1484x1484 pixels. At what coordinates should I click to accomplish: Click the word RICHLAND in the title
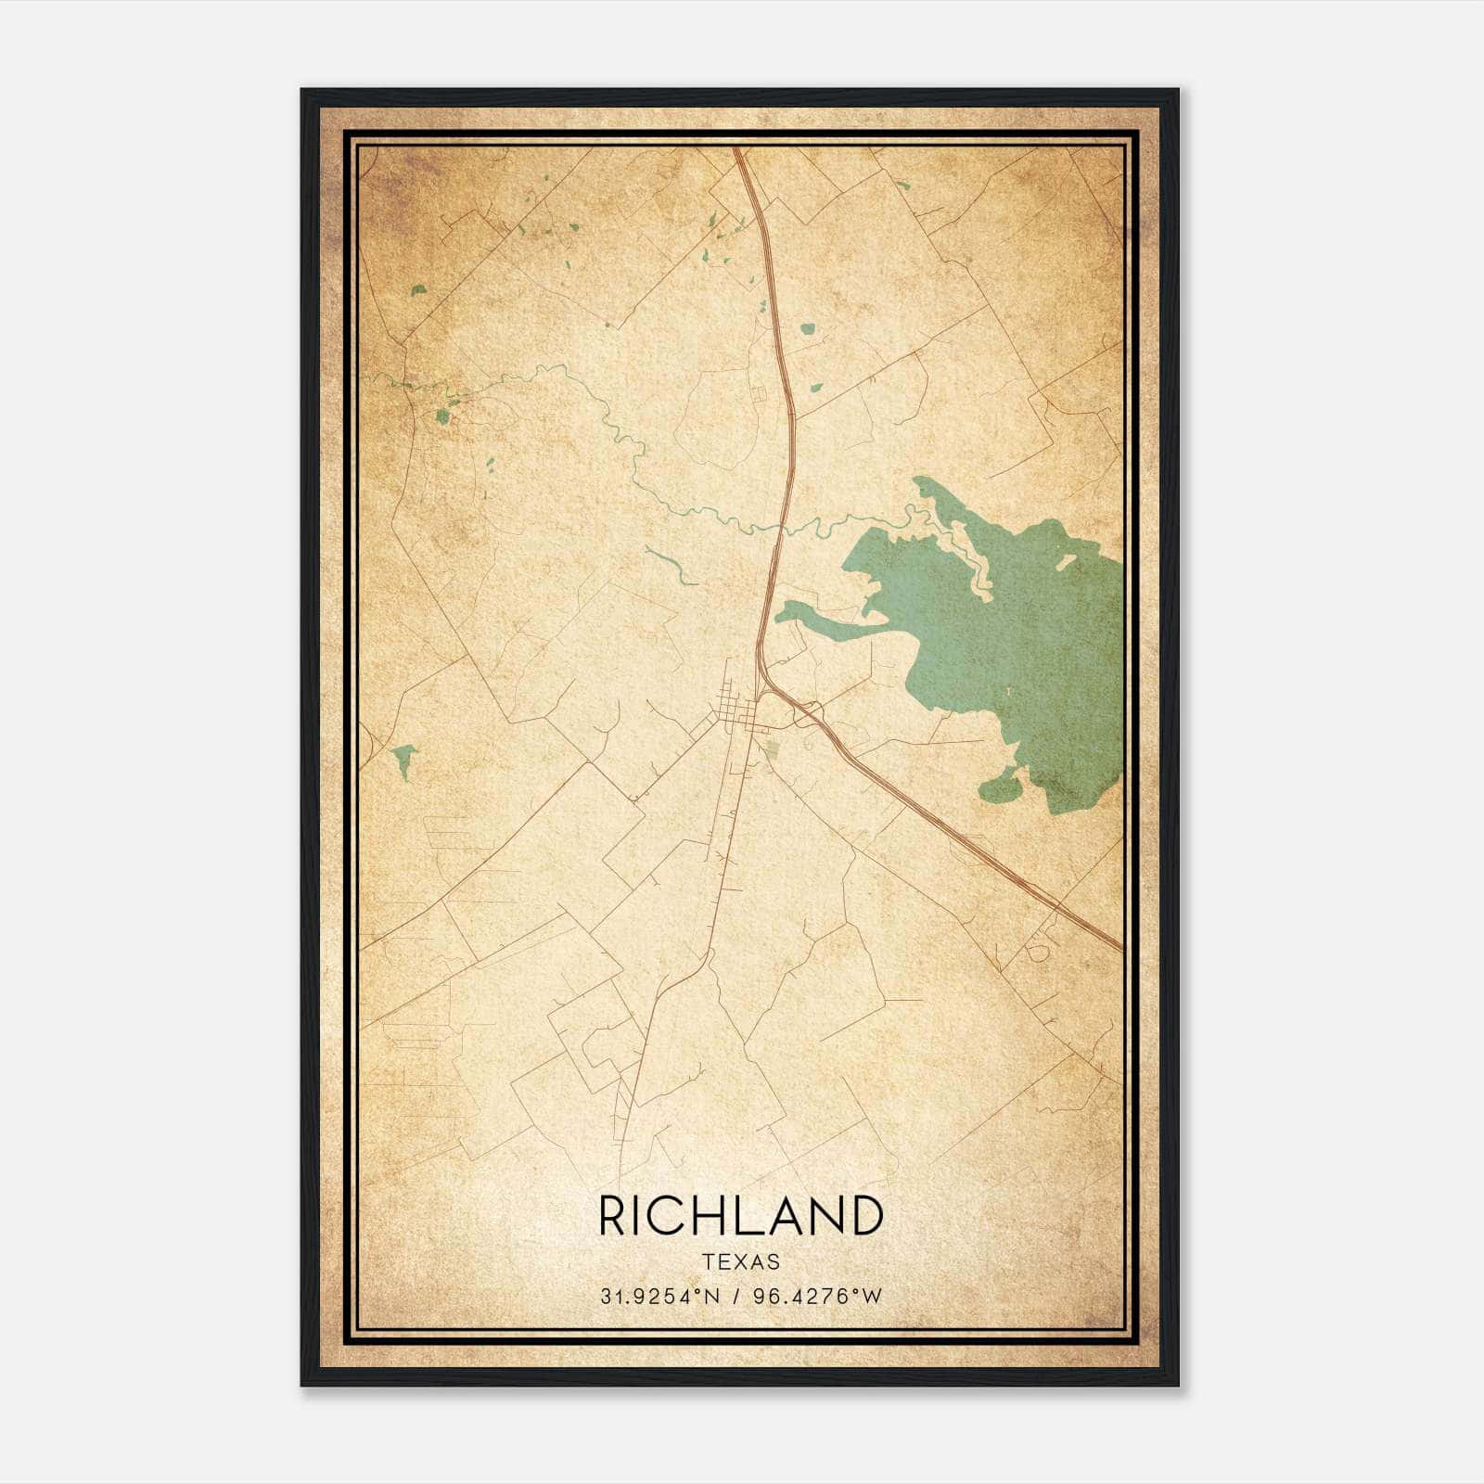coord(740,1216)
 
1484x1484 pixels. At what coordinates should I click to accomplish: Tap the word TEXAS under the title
coord(740,1262)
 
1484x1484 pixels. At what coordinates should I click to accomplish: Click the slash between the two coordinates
coord(736,1297)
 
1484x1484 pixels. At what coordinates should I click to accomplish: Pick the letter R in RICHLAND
coord(614,1216)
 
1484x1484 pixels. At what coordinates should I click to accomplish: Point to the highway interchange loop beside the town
coord(807,712)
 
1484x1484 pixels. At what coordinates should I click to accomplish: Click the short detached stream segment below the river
coord(672,566)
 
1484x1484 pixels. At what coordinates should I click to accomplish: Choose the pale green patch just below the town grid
coord(771,748)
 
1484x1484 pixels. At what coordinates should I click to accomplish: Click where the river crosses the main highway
coord(782,529)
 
